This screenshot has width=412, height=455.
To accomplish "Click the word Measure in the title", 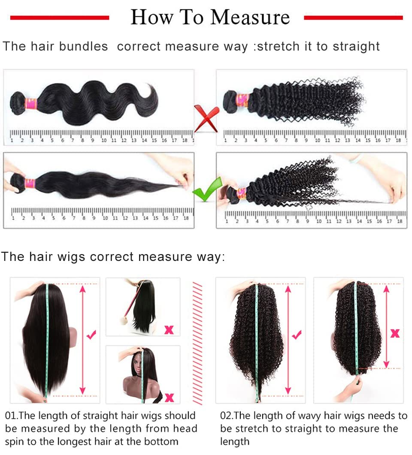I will pos(250,18).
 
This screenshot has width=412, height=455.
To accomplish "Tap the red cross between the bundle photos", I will pos(206,119).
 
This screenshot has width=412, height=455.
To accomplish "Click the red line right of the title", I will pos(353,18).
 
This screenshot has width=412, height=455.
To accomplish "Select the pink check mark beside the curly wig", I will pos(297,335).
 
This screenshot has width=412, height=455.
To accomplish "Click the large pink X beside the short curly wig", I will pos(395,333).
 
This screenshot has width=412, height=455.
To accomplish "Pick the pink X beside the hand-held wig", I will pos(169,329).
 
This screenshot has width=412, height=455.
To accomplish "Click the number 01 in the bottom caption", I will pos(10,416).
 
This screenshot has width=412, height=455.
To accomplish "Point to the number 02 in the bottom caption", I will pos(226,416).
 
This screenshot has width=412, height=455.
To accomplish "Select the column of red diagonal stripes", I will pos(197,343).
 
